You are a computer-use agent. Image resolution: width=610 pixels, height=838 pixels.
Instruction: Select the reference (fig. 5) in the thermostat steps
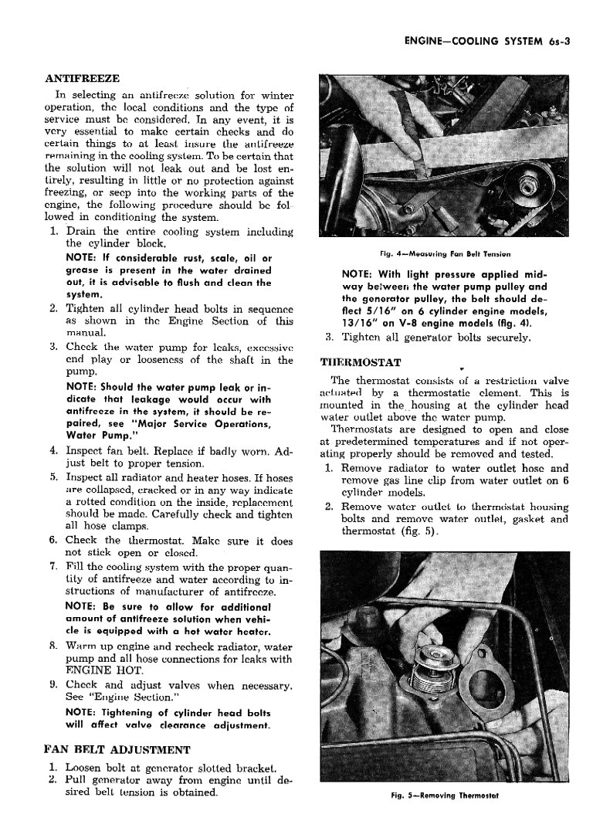(x=420, y=531)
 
